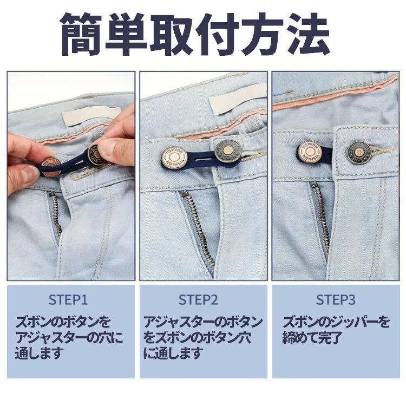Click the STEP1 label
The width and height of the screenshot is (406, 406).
click(68, 300)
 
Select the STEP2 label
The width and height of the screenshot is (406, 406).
click(198, 300)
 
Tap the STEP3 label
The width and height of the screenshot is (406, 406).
click(336, 300)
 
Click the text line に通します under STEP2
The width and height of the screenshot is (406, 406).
click(173, 353)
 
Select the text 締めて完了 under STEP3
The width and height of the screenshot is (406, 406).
click(312, 338)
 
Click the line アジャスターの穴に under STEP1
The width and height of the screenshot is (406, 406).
click(69, 338)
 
